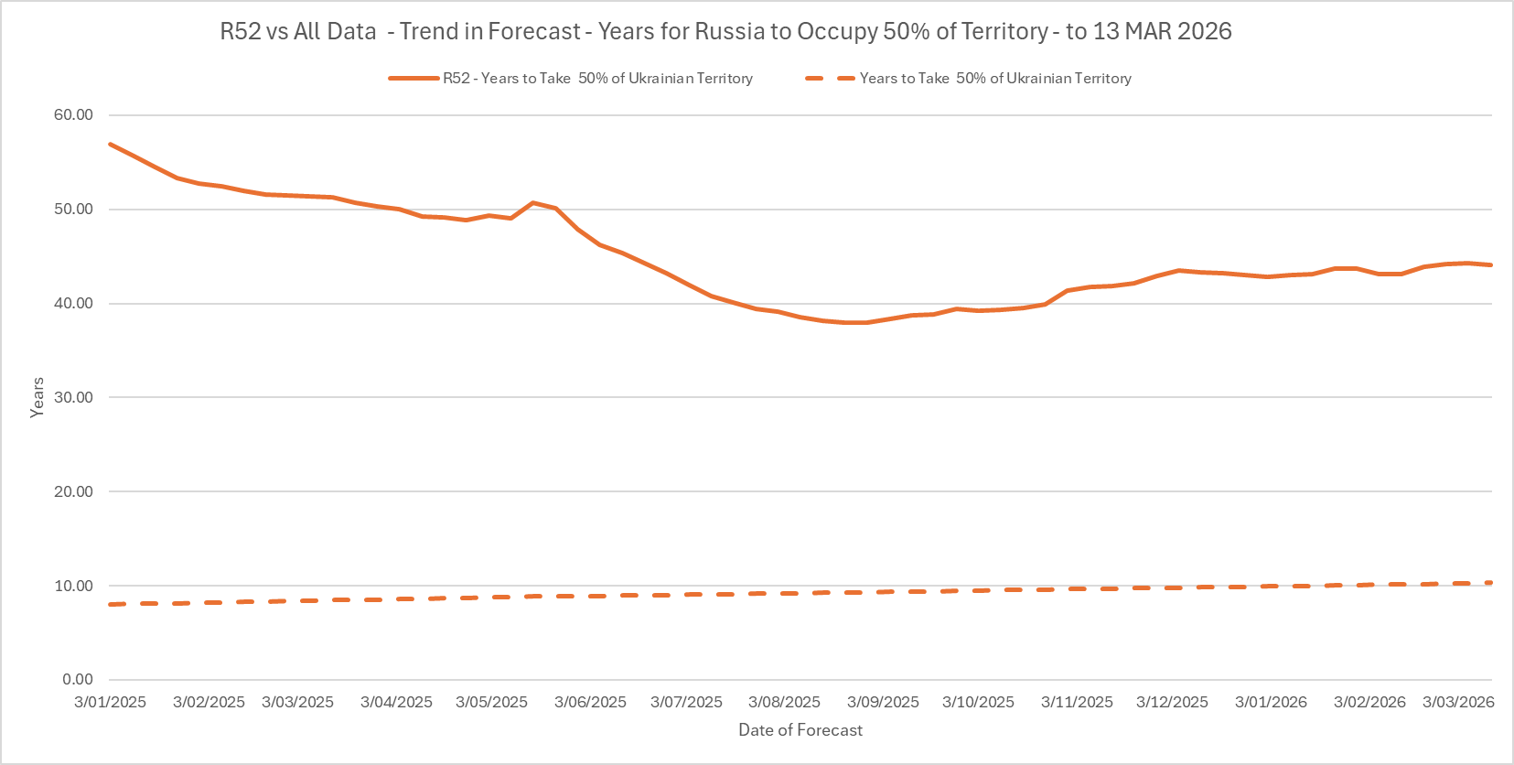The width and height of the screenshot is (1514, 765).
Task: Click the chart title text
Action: point(725,31)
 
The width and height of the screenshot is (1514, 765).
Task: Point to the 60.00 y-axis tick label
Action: point(73,114)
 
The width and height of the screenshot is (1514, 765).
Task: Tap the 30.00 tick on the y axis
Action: point(73,397)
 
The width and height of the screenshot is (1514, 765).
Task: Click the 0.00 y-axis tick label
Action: point(78,679)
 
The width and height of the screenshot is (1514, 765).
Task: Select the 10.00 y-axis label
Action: point(73,586)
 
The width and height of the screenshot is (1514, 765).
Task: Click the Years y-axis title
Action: point(38,397)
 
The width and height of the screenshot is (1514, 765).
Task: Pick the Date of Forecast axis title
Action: point(800,730)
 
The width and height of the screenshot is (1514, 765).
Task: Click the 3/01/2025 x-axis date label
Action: point(110,702)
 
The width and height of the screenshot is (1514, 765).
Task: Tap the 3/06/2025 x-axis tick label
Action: point(590,702)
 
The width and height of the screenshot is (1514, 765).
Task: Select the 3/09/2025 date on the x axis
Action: point(883,702)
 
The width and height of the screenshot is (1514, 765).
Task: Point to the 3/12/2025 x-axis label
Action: point(1172,702)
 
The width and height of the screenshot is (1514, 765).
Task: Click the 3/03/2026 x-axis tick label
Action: point(1458,702)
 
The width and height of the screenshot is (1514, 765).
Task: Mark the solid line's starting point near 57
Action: point(110,144)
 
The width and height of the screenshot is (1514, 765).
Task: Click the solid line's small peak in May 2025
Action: point(533,202)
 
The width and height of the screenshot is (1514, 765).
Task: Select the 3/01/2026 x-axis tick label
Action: point(1271,702)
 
